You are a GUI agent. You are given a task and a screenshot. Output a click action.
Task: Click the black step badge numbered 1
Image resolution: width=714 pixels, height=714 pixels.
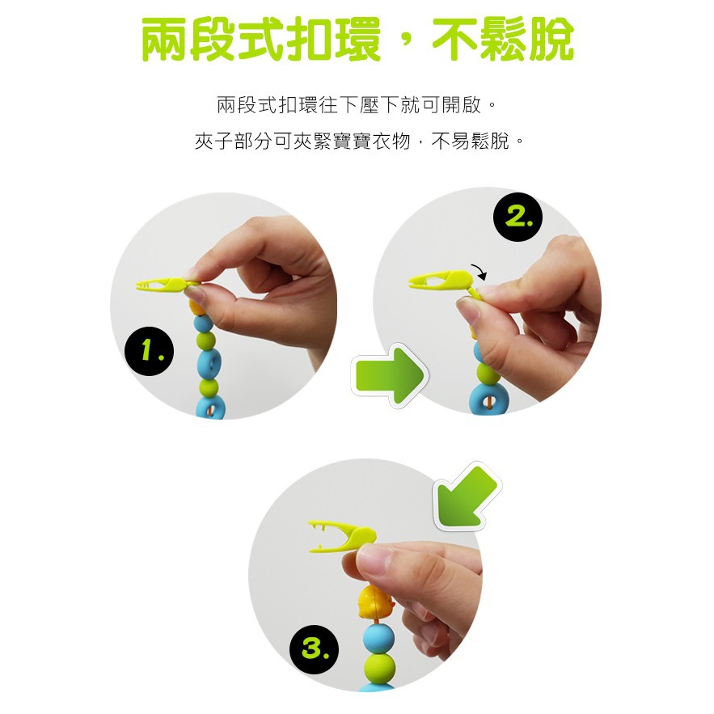(x=149, y=351)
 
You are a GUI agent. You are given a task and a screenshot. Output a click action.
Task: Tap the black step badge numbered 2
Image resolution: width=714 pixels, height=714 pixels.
(x=518, y=217)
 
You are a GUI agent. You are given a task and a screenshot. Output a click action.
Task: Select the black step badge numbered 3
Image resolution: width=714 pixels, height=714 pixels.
(x=315, y=649)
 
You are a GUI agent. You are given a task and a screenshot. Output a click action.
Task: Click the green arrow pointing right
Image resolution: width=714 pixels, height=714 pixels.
(x=390, y=376)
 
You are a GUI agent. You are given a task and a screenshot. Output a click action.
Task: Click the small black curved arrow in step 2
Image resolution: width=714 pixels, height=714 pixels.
(x=480, y=272)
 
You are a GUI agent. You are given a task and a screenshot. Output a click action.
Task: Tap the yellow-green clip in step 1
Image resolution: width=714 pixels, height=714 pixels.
(x=165, y=286)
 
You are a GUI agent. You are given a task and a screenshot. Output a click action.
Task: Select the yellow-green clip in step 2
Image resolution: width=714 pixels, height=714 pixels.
(x=442, y=282)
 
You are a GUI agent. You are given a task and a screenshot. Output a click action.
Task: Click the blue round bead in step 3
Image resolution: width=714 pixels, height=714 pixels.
(x=379, y=639)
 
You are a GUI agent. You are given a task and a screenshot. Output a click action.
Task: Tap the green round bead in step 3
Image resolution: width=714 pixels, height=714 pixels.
(x=380, y=669)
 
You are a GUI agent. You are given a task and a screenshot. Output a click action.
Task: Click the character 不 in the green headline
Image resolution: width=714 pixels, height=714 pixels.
(x=454, y=39)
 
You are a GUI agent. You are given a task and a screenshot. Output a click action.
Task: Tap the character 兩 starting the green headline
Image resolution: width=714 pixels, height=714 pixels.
(x=165, y=39)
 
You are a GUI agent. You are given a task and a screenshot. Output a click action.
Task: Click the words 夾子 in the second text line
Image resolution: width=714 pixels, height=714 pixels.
(x=214, y=142)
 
